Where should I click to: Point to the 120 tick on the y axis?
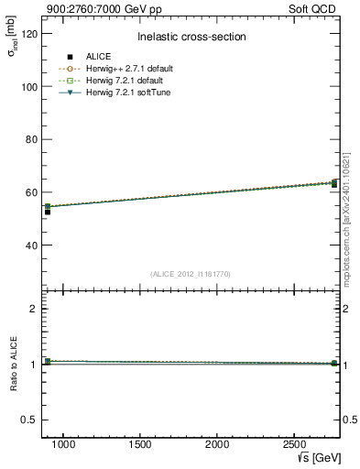(x=28, y=33)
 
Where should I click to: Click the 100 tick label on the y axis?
(x=28, y=86)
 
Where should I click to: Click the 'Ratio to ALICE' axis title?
(x=15, y=365)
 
